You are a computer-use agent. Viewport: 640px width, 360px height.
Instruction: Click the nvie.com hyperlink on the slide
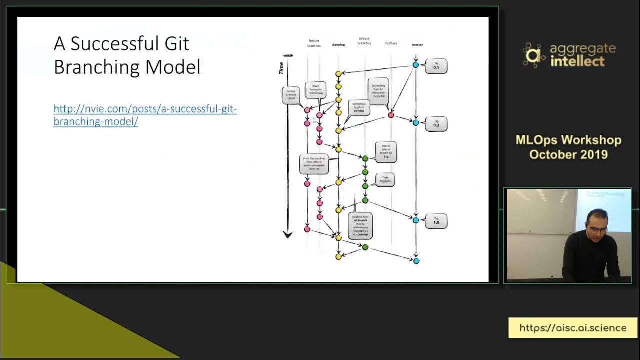coord(145,115)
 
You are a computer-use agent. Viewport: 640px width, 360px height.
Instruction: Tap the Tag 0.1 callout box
coord(436,66)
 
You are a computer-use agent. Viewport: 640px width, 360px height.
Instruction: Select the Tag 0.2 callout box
coord(436,123)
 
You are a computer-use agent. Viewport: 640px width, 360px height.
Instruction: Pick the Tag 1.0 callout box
coord(436,220)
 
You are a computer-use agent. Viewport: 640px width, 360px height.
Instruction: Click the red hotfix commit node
coord(391,115)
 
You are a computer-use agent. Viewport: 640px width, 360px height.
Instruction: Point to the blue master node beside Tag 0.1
coord(415,65)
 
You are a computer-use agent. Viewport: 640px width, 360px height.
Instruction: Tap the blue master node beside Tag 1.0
coord(415,220)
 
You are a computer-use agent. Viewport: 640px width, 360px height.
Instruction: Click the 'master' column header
coord(417,45)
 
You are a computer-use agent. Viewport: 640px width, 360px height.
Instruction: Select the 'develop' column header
coord(338,45)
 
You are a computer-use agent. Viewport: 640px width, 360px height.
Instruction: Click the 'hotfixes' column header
coord(391,44)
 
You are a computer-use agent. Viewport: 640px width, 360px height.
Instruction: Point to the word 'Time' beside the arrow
coord(281,68)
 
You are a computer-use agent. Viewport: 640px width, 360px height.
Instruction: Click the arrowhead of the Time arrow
coord(287,234)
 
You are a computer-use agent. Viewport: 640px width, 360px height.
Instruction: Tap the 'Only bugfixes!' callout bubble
coord(385,179)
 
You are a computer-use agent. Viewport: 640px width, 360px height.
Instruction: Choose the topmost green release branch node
coord(365,158)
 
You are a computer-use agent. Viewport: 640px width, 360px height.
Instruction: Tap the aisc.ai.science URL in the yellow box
coord(573,328)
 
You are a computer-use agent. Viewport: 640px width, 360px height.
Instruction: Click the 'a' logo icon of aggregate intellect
coord(534,55)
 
